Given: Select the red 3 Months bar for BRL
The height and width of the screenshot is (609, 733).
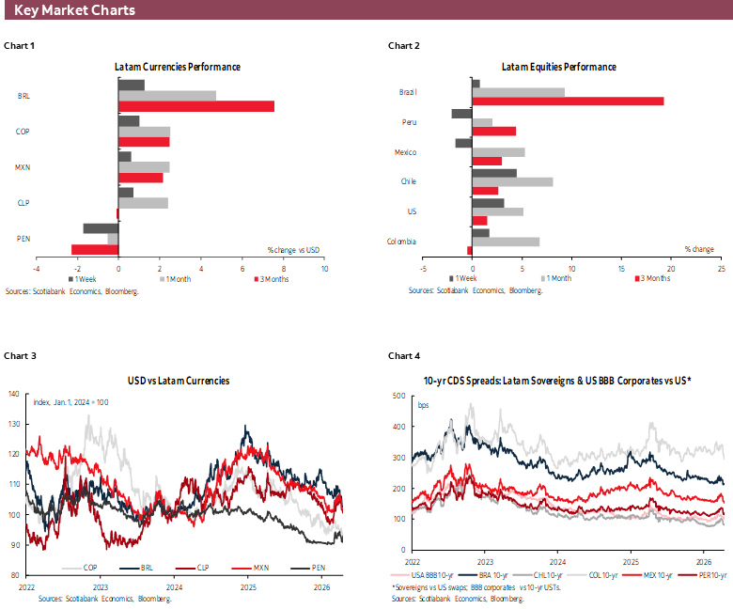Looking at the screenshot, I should tap(196, 106).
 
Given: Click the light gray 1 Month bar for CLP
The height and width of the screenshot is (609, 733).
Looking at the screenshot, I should tap(143, 203).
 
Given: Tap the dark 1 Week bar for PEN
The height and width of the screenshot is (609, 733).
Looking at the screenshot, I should tap(101, 228).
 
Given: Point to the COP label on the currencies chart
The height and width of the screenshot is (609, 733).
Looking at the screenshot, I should tap(23, 132).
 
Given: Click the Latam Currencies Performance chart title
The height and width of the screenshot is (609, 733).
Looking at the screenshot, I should tap(178, 68).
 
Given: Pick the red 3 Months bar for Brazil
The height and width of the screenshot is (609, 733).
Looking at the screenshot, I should tap(568, 101).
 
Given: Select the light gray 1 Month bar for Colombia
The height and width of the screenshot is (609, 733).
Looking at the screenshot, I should tap(506, 242).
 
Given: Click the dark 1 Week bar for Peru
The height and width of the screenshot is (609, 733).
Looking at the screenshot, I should tap(461, 114).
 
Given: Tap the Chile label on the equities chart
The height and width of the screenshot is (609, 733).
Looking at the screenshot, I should tap(408, 182).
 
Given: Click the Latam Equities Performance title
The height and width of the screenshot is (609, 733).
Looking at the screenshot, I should tap(559, 68).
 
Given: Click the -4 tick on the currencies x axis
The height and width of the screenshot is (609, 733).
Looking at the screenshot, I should tap(36, 268).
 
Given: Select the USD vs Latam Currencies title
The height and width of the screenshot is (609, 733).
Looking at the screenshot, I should tap(179, 381).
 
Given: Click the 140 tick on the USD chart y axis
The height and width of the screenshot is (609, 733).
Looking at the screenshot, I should tap(13, 394).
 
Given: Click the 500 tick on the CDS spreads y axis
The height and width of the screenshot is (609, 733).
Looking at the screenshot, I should tap(398, 396).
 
